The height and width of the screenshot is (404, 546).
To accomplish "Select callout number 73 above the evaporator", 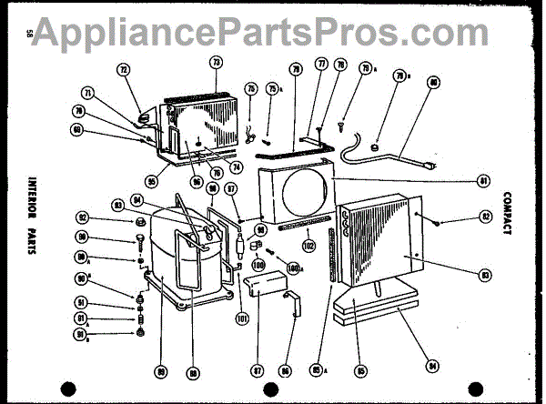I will [216, 63].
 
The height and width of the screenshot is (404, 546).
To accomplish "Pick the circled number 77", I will [320, 66].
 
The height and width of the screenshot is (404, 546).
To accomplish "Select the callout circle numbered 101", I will [242, 318].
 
